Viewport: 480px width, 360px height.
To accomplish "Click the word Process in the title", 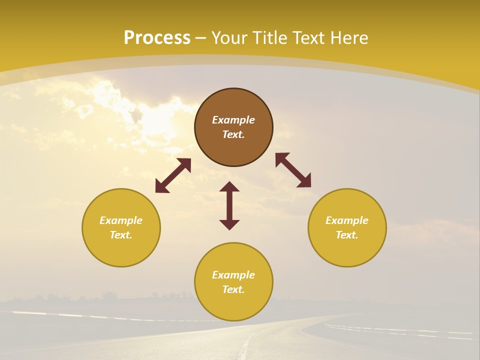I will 157,38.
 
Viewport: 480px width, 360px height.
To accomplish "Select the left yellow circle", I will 121,250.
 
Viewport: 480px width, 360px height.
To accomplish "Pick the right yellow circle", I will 347,250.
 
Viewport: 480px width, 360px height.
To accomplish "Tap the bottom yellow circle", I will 233,305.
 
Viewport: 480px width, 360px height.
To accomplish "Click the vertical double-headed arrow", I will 229,205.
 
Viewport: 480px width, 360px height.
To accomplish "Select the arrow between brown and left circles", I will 173,175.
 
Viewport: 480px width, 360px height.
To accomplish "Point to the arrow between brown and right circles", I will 293,170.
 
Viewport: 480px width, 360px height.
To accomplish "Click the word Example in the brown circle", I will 233,120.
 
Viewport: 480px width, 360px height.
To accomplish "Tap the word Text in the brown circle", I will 233,134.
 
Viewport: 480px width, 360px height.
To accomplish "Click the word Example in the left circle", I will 121,220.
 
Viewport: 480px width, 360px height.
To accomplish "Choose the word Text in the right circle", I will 347,235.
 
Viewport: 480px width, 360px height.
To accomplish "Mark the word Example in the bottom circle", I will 233,275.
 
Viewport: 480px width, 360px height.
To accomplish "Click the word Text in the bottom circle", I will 233,289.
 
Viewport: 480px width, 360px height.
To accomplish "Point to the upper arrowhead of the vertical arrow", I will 229,186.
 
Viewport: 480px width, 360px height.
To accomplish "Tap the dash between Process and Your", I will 201,38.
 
